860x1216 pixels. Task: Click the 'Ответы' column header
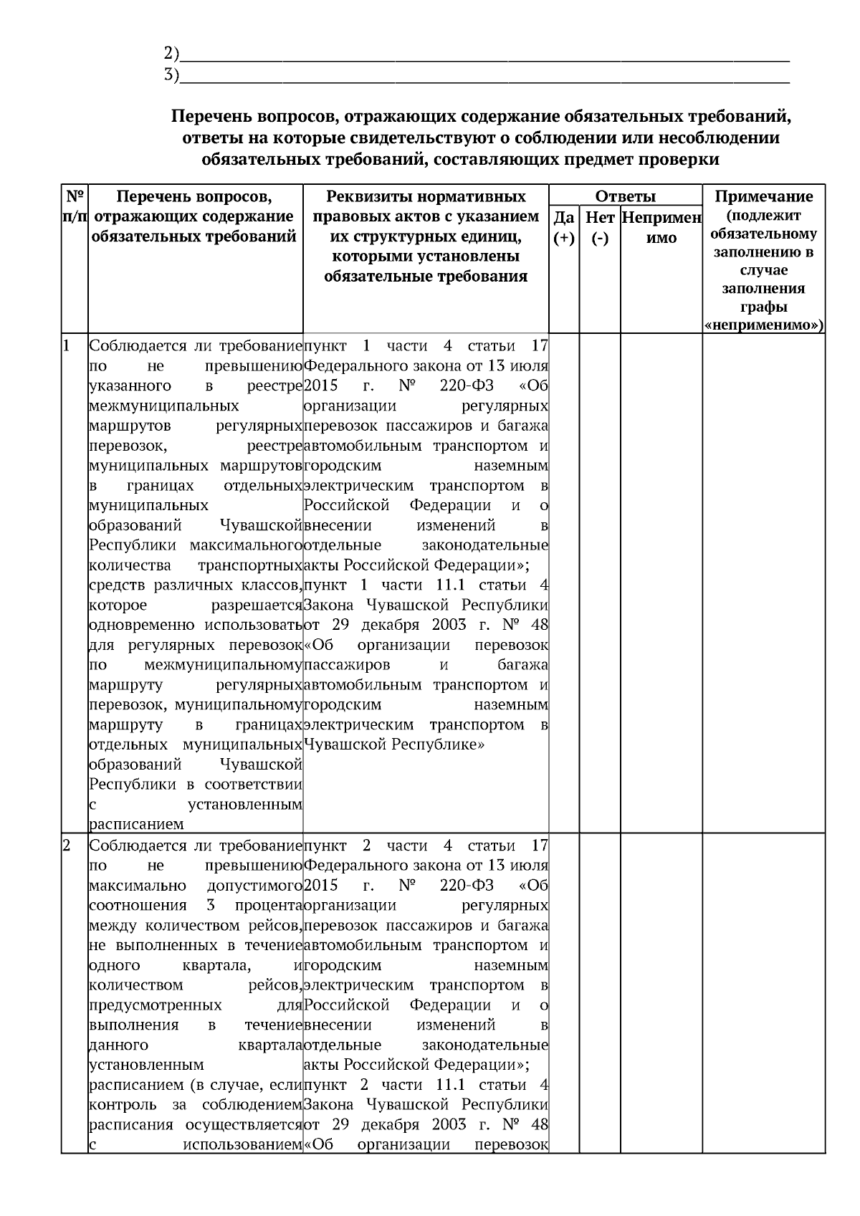coord(625,196)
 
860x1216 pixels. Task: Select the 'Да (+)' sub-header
coord(564,227)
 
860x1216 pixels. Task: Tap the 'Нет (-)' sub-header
coord(600,227)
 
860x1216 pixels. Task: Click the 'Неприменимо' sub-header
coord(661,227)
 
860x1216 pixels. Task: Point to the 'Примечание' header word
coord(764,196)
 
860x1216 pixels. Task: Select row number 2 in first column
coord(67,846)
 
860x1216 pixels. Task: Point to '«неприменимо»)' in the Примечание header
coord(764,326)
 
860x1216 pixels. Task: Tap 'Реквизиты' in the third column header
coord(365,196)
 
